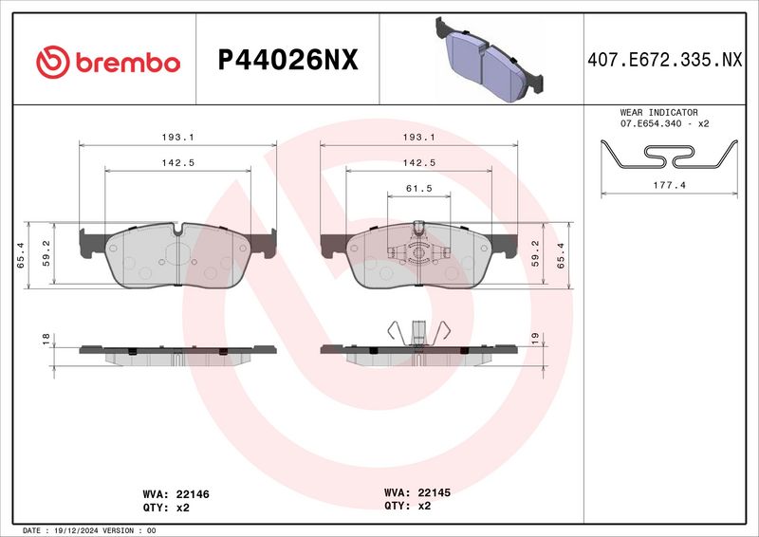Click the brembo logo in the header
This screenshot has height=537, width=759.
pos(108,62)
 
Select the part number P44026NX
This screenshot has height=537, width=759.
pos(288,60)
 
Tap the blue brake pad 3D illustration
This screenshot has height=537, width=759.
pos(489,60)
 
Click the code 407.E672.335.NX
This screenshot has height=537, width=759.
pos(665,60)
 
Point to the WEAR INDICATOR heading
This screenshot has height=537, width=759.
pos(658,112)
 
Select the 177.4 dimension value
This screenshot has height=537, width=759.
pos(670,185)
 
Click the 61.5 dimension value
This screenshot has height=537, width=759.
pos(419,188)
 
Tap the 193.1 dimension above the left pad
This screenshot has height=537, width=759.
pos(177,137)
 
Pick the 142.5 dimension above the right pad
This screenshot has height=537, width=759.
pos(419,162)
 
